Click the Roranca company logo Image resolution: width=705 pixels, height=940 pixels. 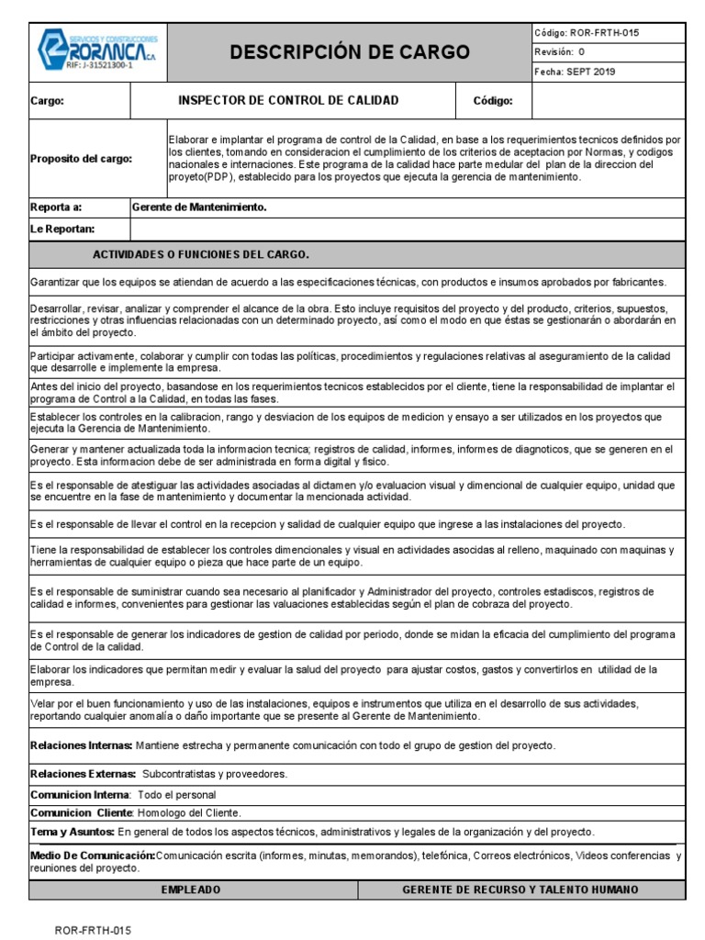(x=97, y=51)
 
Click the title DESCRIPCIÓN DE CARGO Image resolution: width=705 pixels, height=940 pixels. (x=349, y=51)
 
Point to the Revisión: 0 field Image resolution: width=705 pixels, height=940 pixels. (x=559, y=52)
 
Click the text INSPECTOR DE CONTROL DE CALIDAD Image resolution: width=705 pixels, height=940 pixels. (x=287, y=101)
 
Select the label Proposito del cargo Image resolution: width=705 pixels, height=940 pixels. (x=81, y=159)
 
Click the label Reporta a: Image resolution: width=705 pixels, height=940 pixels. (x=57, y=208)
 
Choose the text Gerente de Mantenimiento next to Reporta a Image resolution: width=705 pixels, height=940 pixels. (x=199, y=208)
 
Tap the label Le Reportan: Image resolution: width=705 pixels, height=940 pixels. (x=62, y=229)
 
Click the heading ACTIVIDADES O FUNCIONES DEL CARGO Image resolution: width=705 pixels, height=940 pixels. (x=201, y=253)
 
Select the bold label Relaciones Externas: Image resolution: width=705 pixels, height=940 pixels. (x=84, y=775)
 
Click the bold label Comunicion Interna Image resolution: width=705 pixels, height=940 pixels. (x=79, y=795)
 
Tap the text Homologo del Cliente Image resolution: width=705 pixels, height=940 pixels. (x=190, y=813)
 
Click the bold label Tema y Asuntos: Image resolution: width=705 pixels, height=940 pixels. (x=73, y=832)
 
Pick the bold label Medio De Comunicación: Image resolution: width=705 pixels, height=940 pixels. (x=92, y=856)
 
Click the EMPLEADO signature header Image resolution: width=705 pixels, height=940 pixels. (x=191, y=890)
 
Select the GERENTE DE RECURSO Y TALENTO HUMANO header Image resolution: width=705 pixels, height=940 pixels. (x=520, y=890)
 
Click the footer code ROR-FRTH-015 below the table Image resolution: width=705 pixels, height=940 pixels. (x=94, y=930)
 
